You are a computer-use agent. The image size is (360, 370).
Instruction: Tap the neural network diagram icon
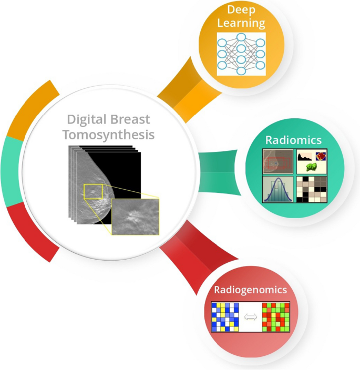tap(241, 54)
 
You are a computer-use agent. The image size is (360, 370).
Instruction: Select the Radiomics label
tap(293, 140)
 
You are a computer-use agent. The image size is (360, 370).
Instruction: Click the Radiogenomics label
tap(250, 290)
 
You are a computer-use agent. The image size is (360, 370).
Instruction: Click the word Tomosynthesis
tap(109, 135)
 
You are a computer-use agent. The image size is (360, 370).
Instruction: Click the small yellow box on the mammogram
tap(93, 192)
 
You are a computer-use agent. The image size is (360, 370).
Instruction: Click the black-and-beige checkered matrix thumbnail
tap(311, 189)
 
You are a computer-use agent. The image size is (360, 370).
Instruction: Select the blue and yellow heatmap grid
tap(225, 317)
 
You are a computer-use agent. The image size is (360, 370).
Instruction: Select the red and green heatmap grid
tap(276, 317)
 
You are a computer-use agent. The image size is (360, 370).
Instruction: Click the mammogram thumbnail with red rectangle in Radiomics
tap(277, 162)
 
